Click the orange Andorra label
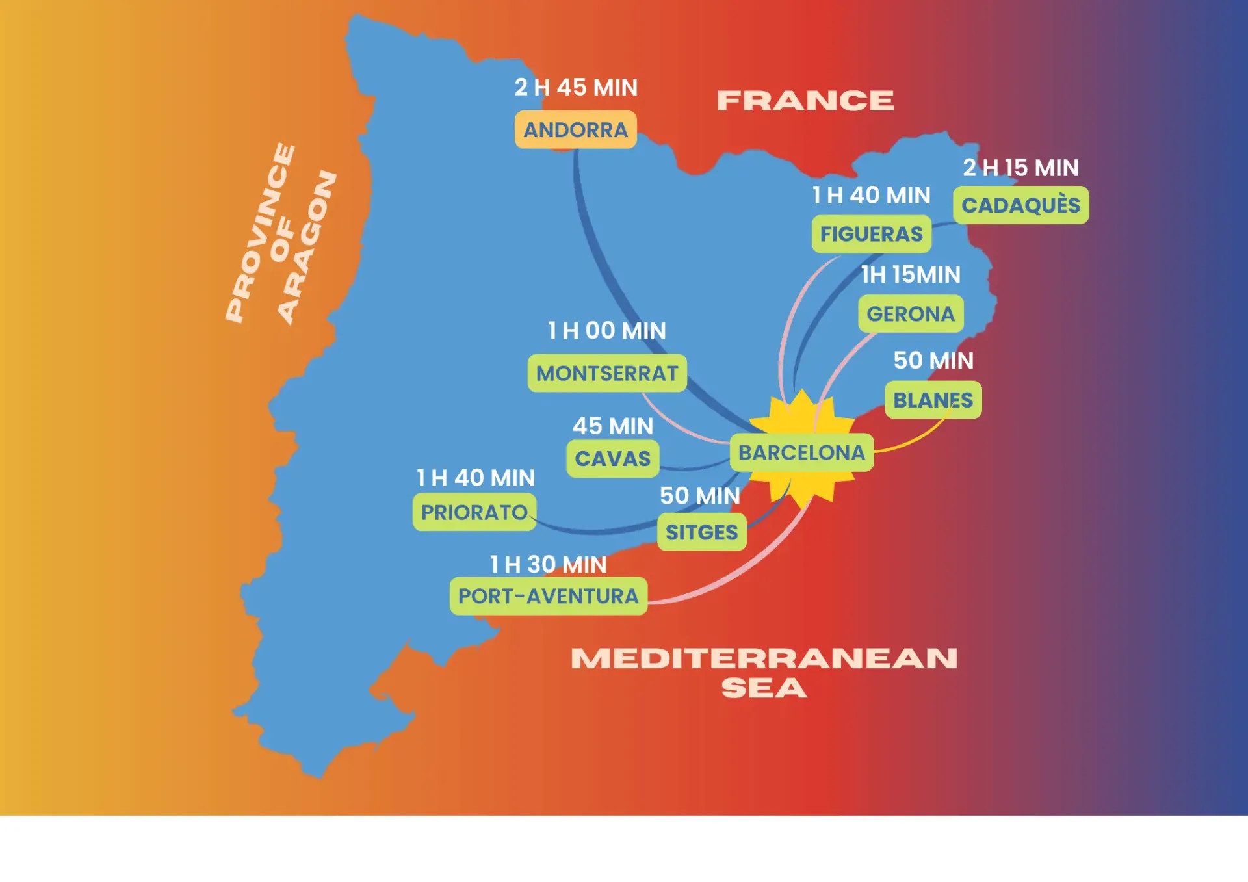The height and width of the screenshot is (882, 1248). tap(575, 130)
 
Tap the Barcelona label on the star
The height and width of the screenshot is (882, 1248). tap(801, 452)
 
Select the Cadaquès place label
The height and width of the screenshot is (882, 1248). tap(1020, 205)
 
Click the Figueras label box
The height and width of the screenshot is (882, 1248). tap(871, 234)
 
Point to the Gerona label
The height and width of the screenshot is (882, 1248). tap(911, 314)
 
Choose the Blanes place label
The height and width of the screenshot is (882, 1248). tap(933, 400)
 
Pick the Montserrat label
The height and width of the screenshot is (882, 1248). tap(607, 373)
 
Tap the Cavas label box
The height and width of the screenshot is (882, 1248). tap(612, 459)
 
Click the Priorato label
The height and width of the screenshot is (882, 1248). tap(474, 512)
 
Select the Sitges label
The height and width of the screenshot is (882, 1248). tap(701, 532)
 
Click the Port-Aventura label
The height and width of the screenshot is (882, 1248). tap(548, 596)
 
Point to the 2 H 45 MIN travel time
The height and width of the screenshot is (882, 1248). tap(576, 87)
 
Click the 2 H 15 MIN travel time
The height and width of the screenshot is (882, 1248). tap(1020, 168)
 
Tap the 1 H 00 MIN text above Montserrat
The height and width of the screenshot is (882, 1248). tap(606, 331)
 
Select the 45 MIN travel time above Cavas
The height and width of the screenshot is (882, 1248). tap(612, 426)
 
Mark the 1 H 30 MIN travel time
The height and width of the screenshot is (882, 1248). tap(548, 565)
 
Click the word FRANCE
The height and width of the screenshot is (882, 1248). tap(805, 101)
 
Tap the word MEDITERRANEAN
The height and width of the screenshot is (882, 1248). tap(764, 658)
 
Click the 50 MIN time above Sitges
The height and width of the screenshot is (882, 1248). tap(700, 496)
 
